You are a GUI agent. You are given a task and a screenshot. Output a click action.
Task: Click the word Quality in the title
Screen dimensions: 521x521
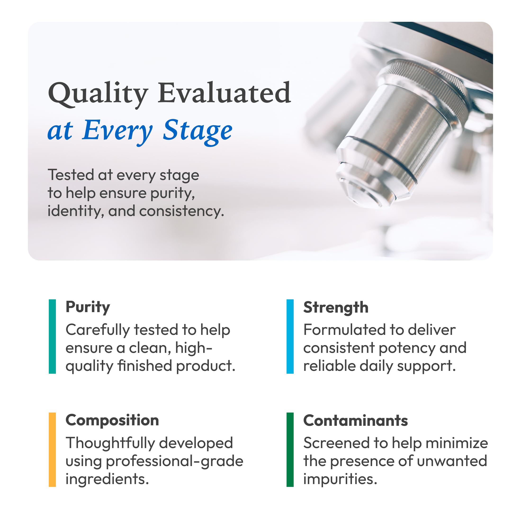pyautogui.click(x=98, y=93)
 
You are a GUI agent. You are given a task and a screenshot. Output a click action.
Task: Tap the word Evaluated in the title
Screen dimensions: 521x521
pyautogui.click(x=224, y=93)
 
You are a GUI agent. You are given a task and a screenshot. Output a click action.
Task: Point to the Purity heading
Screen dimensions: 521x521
pyautogui.click(x=88, y=307)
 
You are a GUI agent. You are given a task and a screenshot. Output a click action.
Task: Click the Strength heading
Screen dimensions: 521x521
pyautogui.click(x=336, y=308)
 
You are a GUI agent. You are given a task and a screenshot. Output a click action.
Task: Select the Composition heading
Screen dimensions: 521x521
pyautogui.click(x=112, y=420)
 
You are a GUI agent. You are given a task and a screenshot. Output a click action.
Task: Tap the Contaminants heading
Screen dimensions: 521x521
pyautogui.click(x=355, y=421)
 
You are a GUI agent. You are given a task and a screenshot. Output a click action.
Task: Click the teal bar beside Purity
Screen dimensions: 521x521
pyautogui.click(x=52, y=336)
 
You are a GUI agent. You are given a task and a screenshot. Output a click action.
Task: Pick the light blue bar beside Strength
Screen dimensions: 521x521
pyautogui.click(x=290, y=336)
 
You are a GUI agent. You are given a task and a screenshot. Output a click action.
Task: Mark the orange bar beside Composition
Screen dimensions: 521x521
pyautogui.click(x=52, y=449)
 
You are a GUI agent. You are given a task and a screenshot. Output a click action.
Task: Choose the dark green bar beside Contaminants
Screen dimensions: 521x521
pyautogui.click(x=290, y=449)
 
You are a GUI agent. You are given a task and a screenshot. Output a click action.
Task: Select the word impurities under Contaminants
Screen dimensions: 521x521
pyautogui.click(x=340, y=479)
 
